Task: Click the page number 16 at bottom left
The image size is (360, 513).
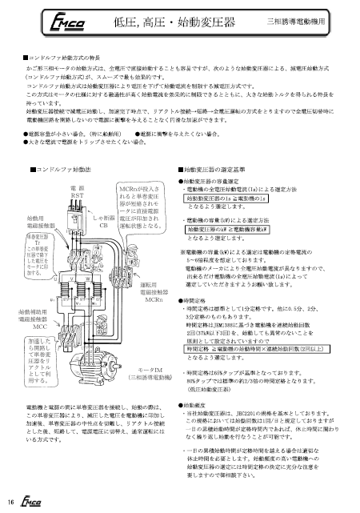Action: coord(10,502)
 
